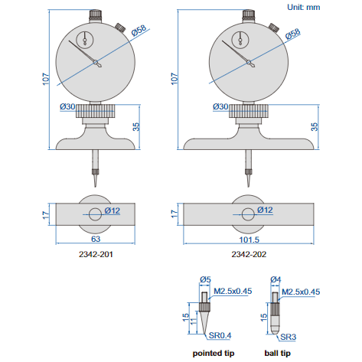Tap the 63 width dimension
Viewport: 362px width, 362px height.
pos(95,239)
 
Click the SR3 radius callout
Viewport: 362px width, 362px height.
pos(288,335)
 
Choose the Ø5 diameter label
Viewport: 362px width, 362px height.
pos(205,280)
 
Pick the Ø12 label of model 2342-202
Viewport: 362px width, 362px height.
pos(266,210)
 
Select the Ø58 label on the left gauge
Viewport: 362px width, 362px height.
pos(139,31)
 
